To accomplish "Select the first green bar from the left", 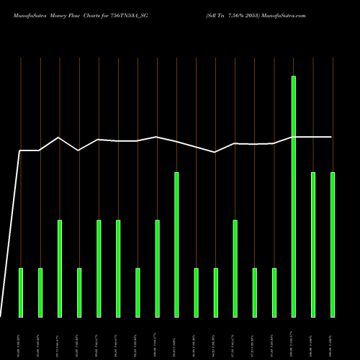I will coord(21,292).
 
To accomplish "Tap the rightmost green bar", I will coord(332,244).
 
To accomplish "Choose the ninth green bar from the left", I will coord(176,244).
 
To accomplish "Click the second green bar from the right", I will coord(312,244).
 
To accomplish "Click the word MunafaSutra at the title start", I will coord(29,14).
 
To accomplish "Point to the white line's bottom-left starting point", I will coord(1,316).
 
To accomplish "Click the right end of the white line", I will coord(332,137).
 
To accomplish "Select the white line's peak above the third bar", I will coord(59,138).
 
